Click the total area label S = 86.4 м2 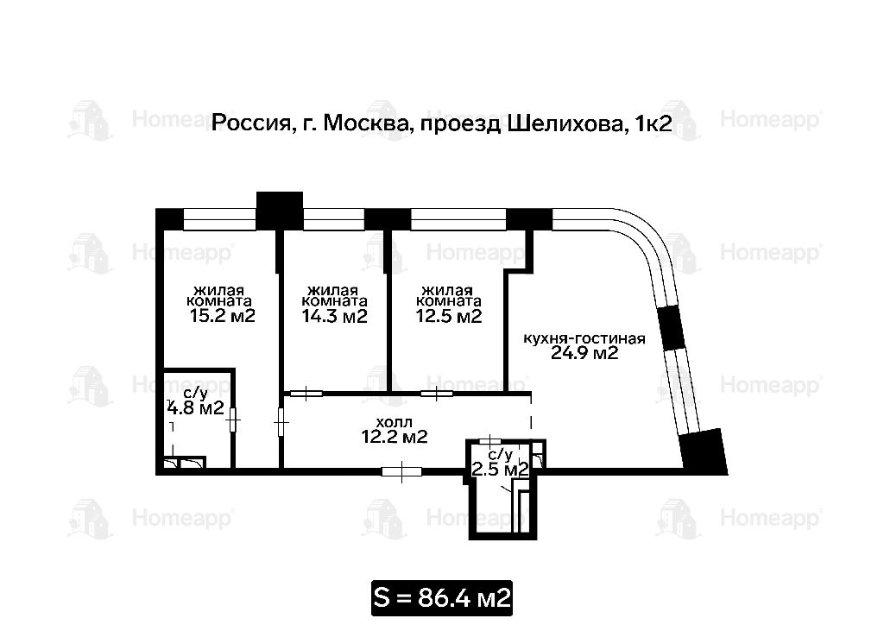pos(442,597)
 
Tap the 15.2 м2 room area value pos(223,315)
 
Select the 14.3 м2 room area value pos(334,316)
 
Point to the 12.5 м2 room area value pos(449,316)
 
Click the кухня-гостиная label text pos(584,338)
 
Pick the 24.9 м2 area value pos(584,353)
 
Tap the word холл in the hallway pos(394,422)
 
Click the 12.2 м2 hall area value pos(394,436)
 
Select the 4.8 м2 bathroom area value pos(196,407)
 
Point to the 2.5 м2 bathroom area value pos(500,469)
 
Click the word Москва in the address pos(365,123)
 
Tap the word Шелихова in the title pos(565,123)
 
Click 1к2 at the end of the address pos(654,123)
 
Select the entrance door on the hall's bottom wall pos(401,471)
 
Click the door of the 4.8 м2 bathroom pos(233,420)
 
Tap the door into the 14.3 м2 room pos(306,393)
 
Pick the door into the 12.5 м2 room pos(437,393)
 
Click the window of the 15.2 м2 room pos(220,219)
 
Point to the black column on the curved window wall pos(672,328)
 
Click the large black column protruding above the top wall pos(280,210)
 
